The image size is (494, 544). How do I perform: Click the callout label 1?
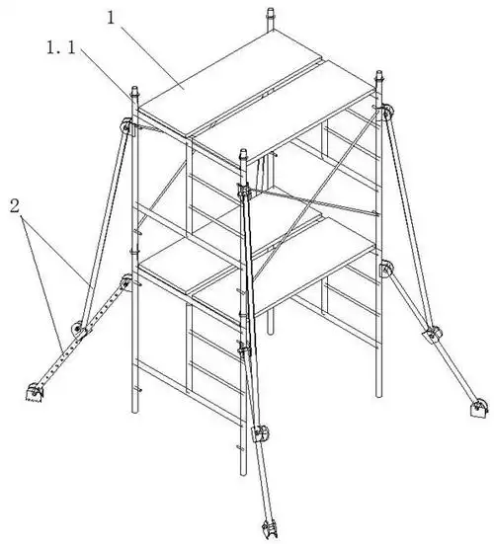(111, 18)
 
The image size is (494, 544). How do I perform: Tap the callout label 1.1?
(61, 47)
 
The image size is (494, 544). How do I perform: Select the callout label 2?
(15, 206)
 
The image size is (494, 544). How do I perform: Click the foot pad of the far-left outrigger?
(35, 393)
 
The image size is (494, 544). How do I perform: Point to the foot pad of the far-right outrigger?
(479, 410)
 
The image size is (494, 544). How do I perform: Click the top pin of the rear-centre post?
(271, 14)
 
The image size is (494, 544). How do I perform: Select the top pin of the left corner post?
(134, 93)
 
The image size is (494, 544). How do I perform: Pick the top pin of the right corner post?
(379, 77)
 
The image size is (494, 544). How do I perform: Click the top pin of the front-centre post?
(243, 155)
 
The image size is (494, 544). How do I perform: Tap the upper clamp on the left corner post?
(126, 126)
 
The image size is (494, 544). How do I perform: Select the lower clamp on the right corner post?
(385, 269)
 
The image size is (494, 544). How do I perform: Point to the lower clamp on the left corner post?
(126, 282)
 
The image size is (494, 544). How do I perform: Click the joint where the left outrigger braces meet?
(80, 329)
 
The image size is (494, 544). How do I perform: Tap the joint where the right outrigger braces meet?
(433, 334)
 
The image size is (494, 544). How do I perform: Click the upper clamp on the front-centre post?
(244, 191)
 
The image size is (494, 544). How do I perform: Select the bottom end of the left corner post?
(134, 410)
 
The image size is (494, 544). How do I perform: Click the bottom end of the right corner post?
(379, 393)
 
